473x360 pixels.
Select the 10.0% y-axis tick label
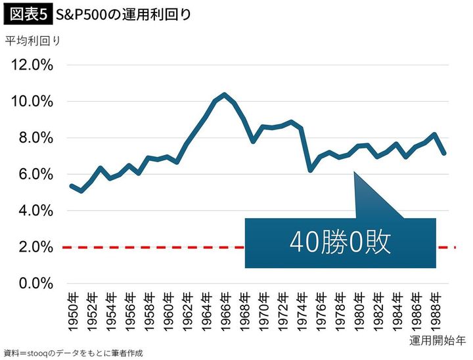pyautogui.click(x=32, y=102)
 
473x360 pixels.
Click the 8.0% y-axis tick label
pyautogui.click(x=35, y=138)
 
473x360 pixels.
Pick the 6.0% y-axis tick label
pyautogui.click(x=35, y=175)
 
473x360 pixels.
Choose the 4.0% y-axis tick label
pyautogui.click(x=35, y=211)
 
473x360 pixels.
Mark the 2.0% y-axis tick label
pyautogui.click(x=35, y=248)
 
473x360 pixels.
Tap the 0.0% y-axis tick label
pyautogui.click(x=35, y=284)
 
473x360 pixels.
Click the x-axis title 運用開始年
pyautogui.click(x=437, y=340)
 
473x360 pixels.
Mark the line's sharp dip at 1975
pyautogui.click(x=310, y=170)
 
